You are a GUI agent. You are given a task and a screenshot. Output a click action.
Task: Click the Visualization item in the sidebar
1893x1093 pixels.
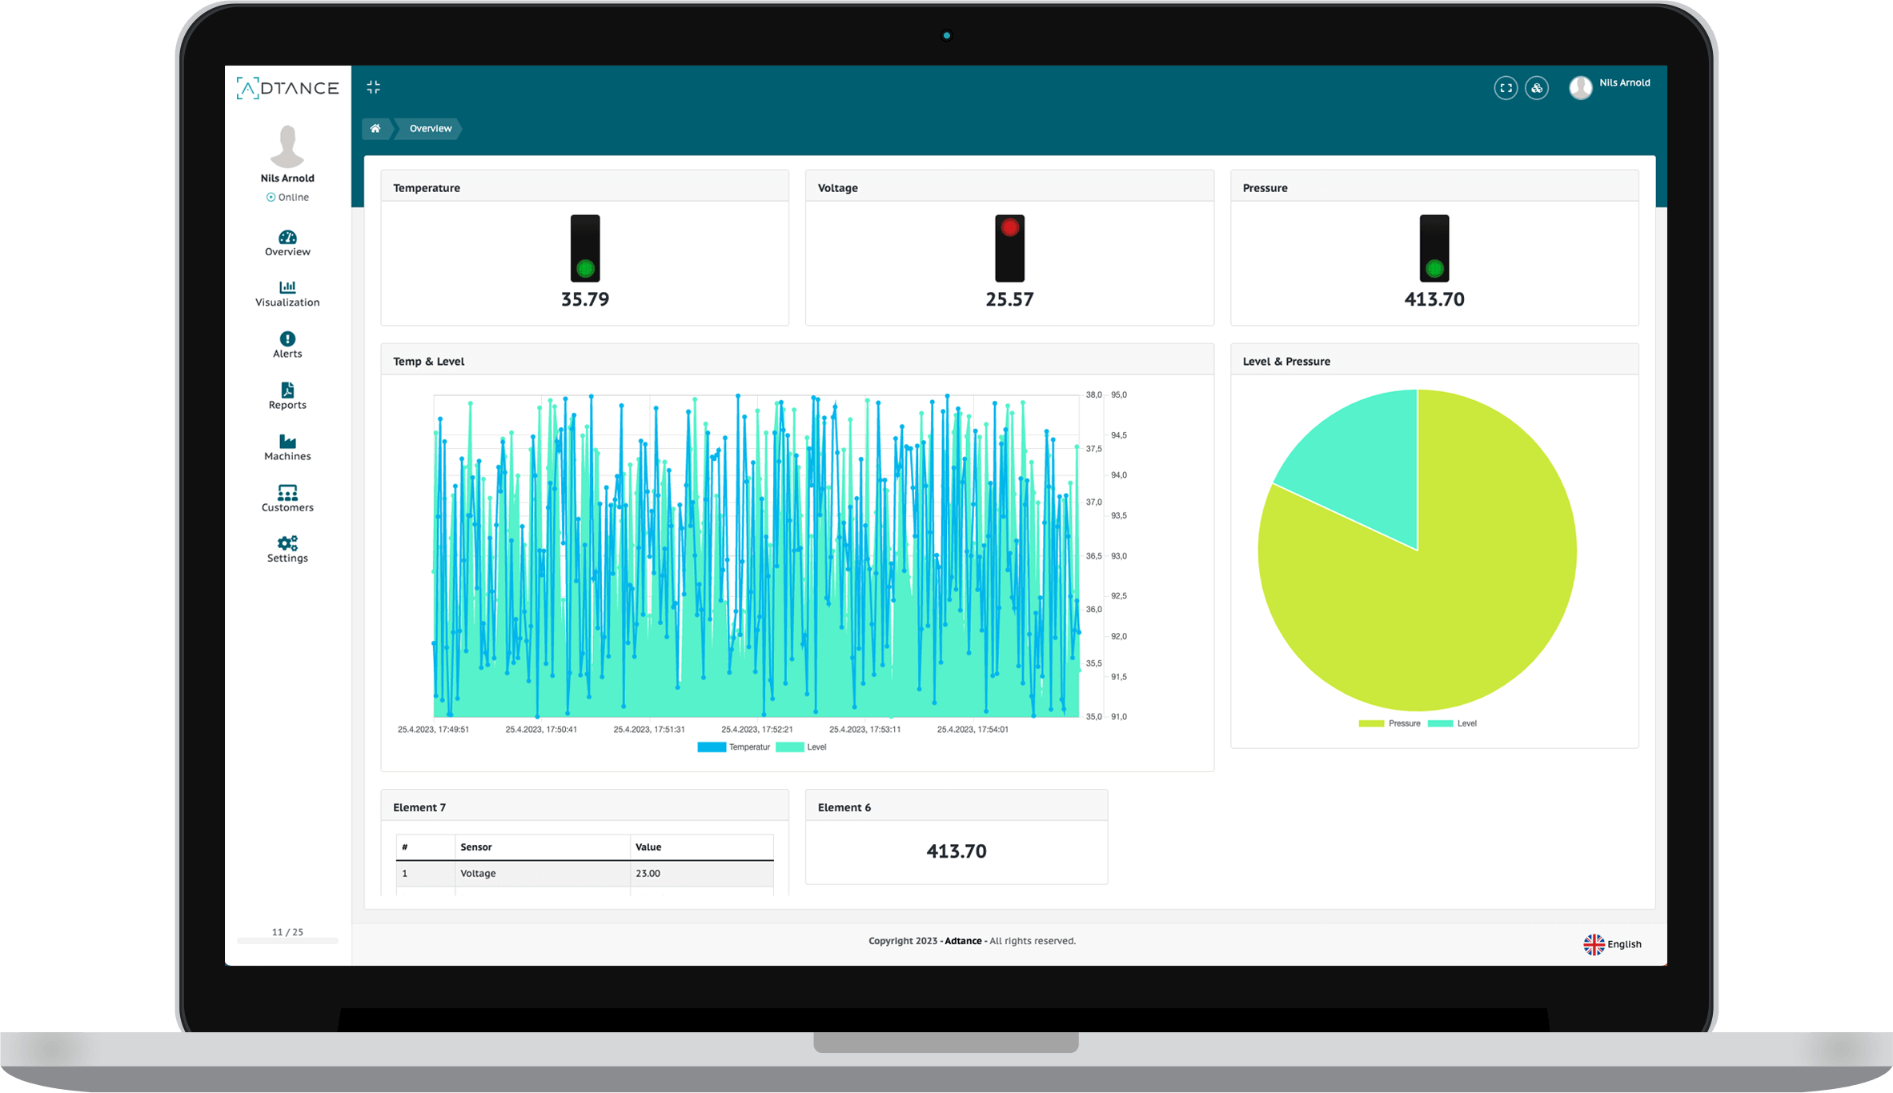point(287,294)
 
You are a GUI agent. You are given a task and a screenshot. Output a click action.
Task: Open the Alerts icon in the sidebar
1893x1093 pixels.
point(287,338)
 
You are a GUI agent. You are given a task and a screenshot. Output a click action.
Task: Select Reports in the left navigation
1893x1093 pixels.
point(287,396)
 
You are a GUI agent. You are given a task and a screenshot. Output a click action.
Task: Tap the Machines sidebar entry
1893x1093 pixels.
point(287,448)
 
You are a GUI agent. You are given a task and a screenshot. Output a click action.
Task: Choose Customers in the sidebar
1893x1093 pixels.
point(287,498)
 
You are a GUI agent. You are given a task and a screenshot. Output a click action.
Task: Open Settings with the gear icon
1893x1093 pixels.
point(287,543)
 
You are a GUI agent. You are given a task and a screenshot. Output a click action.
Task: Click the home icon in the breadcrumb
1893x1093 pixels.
point(375,128)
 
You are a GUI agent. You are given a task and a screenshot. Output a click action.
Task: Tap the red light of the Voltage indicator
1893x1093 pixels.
point(1010,228)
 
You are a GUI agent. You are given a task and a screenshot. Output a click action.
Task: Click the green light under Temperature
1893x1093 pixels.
point(585,269)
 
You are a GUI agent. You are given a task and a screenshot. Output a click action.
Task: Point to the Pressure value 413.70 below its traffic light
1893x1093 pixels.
point(1434,299)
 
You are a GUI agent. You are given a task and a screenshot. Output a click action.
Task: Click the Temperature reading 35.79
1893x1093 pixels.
point(585,299)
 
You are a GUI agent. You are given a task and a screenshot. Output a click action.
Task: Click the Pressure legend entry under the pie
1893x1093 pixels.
point(1390,723)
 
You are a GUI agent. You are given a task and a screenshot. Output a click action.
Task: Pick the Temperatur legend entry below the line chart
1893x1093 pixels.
point(734,747)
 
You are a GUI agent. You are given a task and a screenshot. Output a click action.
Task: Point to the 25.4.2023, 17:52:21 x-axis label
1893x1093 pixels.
point(756,730)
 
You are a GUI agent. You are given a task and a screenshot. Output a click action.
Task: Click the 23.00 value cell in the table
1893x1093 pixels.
point(648,873)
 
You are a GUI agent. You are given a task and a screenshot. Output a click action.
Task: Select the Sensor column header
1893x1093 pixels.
point(476,847)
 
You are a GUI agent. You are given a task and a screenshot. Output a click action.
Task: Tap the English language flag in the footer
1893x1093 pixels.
point(1594,944)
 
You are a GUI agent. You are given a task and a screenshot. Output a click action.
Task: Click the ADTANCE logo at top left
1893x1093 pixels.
point(287,88)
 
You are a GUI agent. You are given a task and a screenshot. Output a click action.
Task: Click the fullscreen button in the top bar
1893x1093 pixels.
point(1506,88)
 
